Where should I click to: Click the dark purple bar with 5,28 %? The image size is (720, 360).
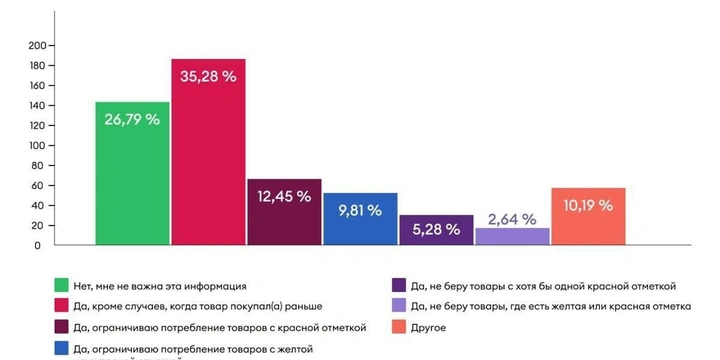(x=436, y=230)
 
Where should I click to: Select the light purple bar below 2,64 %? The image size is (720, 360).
(x=512, y=236)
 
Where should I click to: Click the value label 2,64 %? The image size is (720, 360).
(x=512, y=219)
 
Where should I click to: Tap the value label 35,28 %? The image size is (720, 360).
(x=208, y=77)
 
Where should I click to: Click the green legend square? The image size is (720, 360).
(x=63, y=286)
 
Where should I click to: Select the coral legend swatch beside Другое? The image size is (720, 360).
(x=399, y=327)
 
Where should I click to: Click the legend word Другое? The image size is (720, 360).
(x=429, y=327)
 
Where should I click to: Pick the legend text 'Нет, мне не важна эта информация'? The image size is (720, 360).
(x=159, y=286)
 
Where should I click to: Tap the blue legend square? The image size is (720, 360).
(x=63, y=348)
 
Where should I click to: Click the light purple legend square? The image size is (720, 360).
(x=399, y=306)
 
